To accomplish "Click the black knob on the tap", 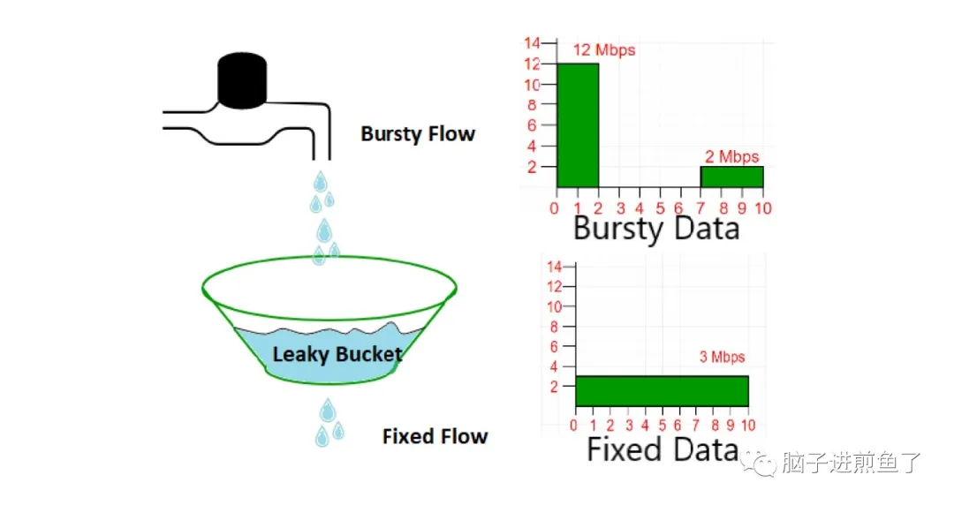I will tap(242, 81).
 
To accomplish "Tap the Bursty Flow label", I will tap(418, 134).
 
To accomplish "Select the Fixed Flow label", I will tap(435, 436).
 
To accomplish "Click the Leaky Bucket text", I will tap(337, 355).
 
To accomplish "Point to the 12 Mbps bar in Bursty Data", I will tap(578, 125).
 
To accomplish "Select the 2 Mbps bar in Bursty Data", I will tap(731, 177).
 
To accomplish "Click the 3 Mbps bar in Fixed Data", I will tap(662, 390).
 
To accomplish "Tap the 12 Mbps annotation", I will tap(604, 50).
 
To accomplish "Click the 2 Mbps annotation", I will tap(731, 157).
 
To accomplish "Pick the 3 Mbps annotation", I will tap(722, 358).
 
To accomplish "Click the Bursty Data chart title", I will tap(655, 229).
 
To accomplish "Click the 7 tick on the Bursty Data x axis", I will tap(700, 208).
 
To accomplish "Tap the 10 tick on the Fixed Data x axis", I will tap(747, 426).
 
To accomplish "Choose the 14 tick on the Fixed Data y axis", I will tap(556, 267).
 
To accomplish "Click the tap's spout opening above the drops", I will tap(322, 159).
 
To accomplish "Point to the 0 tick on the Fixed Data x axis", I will tap(575, 426).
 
